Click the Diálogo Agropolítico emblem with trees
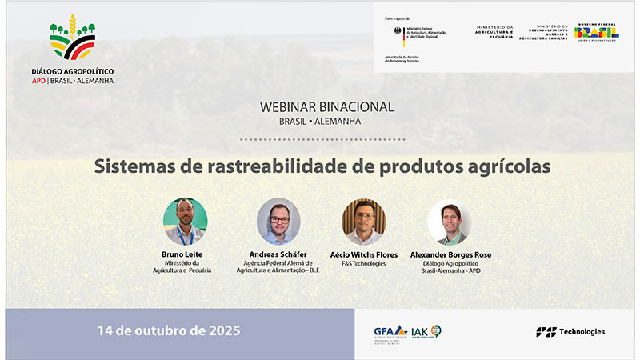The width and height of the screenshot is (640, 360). click(x=72, y=38)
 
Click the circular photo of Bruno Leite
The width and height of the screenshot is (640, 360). click(x=185, y=222)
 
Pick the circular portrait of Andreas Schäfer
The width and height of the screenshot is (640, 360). click(x=278, y=222)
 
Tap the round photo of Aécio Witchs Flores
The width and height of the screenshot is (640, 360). click(x=363, y=222)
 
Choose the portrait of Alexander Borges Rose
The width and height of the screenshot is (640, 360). click(x=449, y=222)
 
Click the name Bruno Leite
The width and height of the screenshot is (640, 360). click(x=185, y=254)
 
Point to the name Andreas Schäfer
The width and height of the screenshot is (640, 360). click(x=278, y=254)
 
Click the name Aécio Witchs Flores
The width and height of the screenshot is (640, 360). click(x=363, y=254)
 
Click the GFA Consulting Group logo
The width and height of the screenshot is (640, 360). click(x=390, y=332)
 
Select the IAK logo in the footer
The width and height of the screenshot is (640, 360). click(x=426, y=331)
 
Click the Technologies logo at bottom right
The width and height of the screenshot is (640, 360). click(x=570, y=331)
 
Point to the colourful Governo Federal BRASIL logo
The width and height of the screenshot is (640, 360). click(x=596, y=33)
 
